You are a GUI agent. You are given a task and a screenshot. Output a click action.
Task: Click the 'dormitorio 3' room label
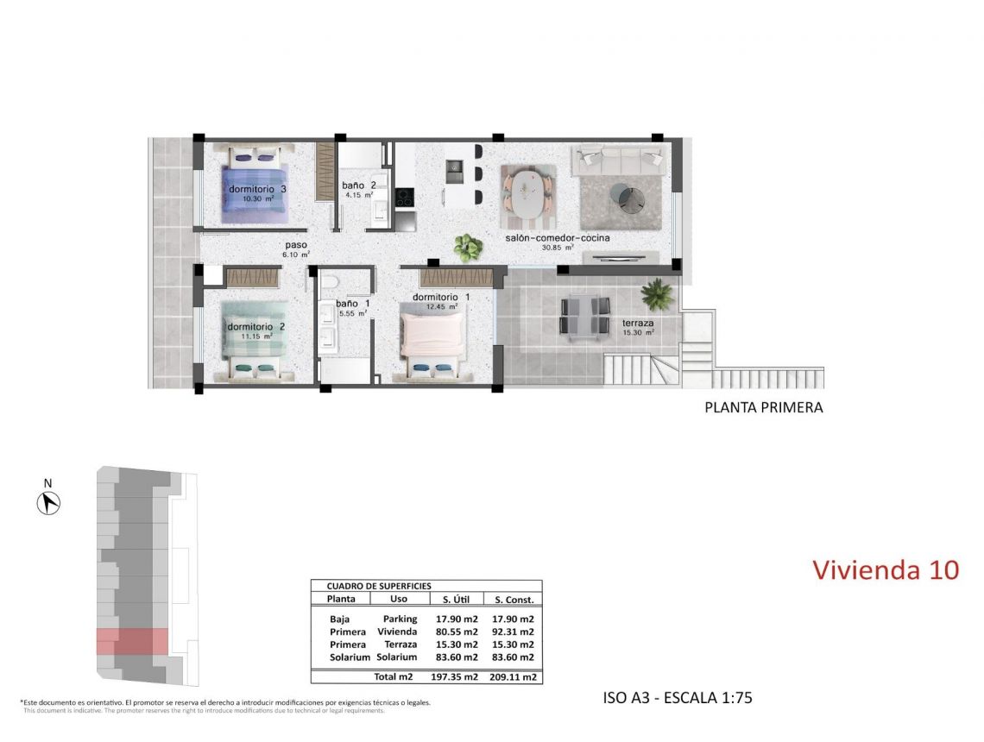[257, 189]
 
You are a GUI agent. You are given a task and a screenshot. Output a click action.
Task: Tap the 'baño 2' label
[358, 185]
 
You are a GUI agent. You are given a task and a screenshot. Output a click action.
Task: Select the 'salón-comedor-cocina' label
[558, 237]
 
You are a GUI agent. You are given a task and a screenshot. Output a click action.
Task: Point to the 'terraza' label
[638, 324]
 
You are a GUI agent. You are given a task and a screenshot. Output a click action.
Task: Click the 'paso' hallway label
[296, 245]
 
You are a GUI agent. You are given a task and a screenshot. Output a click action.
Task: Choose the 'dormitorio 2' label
[255, 327]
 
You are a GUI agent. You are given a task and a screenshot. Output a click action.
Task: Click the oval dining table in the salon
[528, 192]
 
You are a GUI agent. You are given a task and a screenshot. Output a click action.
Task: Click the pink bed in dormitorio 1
[432, 341]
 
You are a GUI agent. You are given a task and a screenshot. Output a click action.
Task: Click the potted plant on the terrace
[658, 294]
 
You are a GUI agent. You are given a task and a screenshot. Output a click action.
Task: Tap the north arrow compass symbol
[48, 501]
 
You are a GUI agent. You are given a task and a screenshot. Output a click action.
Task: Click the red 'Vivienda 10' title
[886, 570]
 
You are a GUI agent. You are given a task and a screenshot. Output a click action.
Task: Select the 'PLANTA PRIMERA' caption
[764, 408]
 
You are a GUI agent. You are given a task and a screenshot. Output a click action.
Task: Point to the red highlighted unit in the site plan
[131, 642]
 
